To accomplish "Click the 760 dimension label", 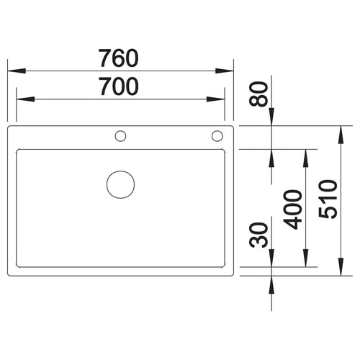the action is (119, 58).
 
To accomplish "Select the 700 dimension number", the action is (119, 86).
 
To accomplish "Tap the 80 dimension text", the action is (258, 94).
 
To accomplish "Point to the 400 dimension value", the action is (293, 210).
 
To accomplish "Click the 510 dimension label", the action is (328, 199).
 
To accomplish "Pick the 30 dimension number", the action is (258, 235).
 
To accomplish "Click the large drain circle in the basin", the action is (120, 171).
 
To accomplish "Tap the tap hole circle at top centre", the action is (120, 131).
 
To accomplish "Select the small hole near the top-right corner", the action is (217, 130).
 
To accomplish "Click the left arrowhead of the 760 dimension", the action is (17, 71).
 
